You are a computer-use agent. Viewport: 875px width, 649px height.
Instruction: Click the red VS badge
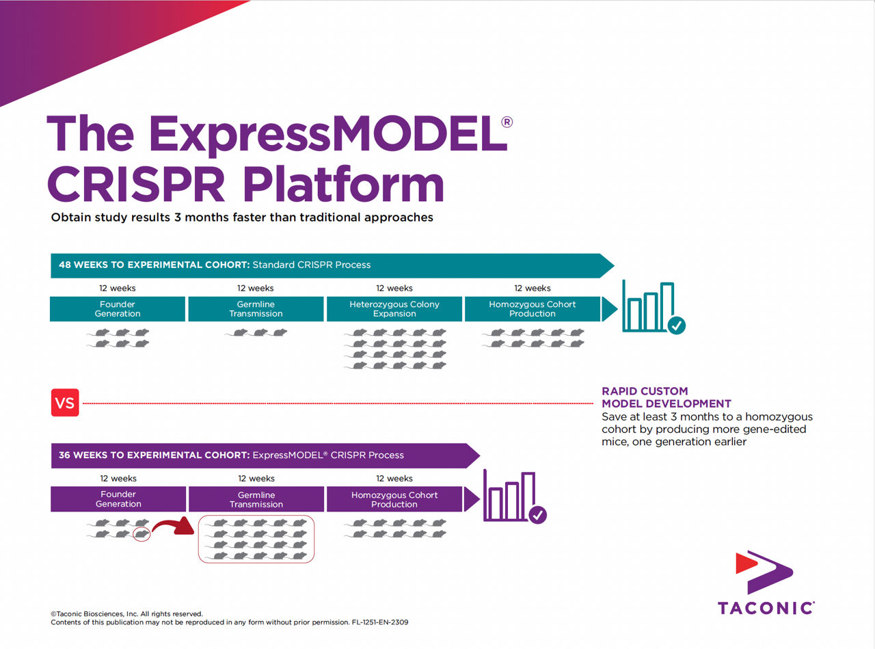pos(65,403)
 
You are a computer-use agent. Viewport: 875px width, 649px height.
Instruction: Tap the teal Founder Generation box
pos(118,309)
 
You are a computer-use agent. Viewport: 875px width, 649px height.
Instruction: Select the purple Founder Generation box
pos(118,499)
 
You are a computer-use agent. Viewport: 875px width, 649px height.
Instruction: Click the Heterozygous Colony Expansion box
pos(394,309)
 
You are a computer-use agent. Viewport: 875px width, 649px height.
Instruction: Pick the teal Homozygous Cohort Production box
pos(533,309)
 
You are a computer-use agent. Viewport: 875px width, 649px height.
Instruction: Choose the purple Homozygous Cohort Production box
pos(394,499)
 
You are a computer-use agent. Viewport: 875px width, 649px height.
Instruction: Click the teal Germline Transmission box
pos(256,309)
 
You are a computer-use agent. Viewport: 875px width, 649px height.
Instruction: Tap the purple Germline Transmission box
pos(256,499)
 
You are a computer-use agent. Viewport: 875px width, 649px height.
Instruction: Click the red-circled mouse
pos(142,534)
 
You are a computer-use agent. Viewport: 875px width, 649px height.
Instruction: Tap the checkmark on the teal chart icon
pos(676,326)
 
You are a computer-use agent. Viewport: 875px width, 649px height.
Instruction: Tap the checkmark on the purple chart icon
pos(538,515)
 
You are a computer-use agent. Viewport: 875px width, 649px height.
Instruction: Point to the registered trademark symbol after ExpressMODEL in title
pos(507,122)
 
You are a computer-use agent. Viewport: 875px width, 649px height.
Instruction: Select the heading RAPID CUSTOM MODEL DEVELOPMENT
pos(666,397)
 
